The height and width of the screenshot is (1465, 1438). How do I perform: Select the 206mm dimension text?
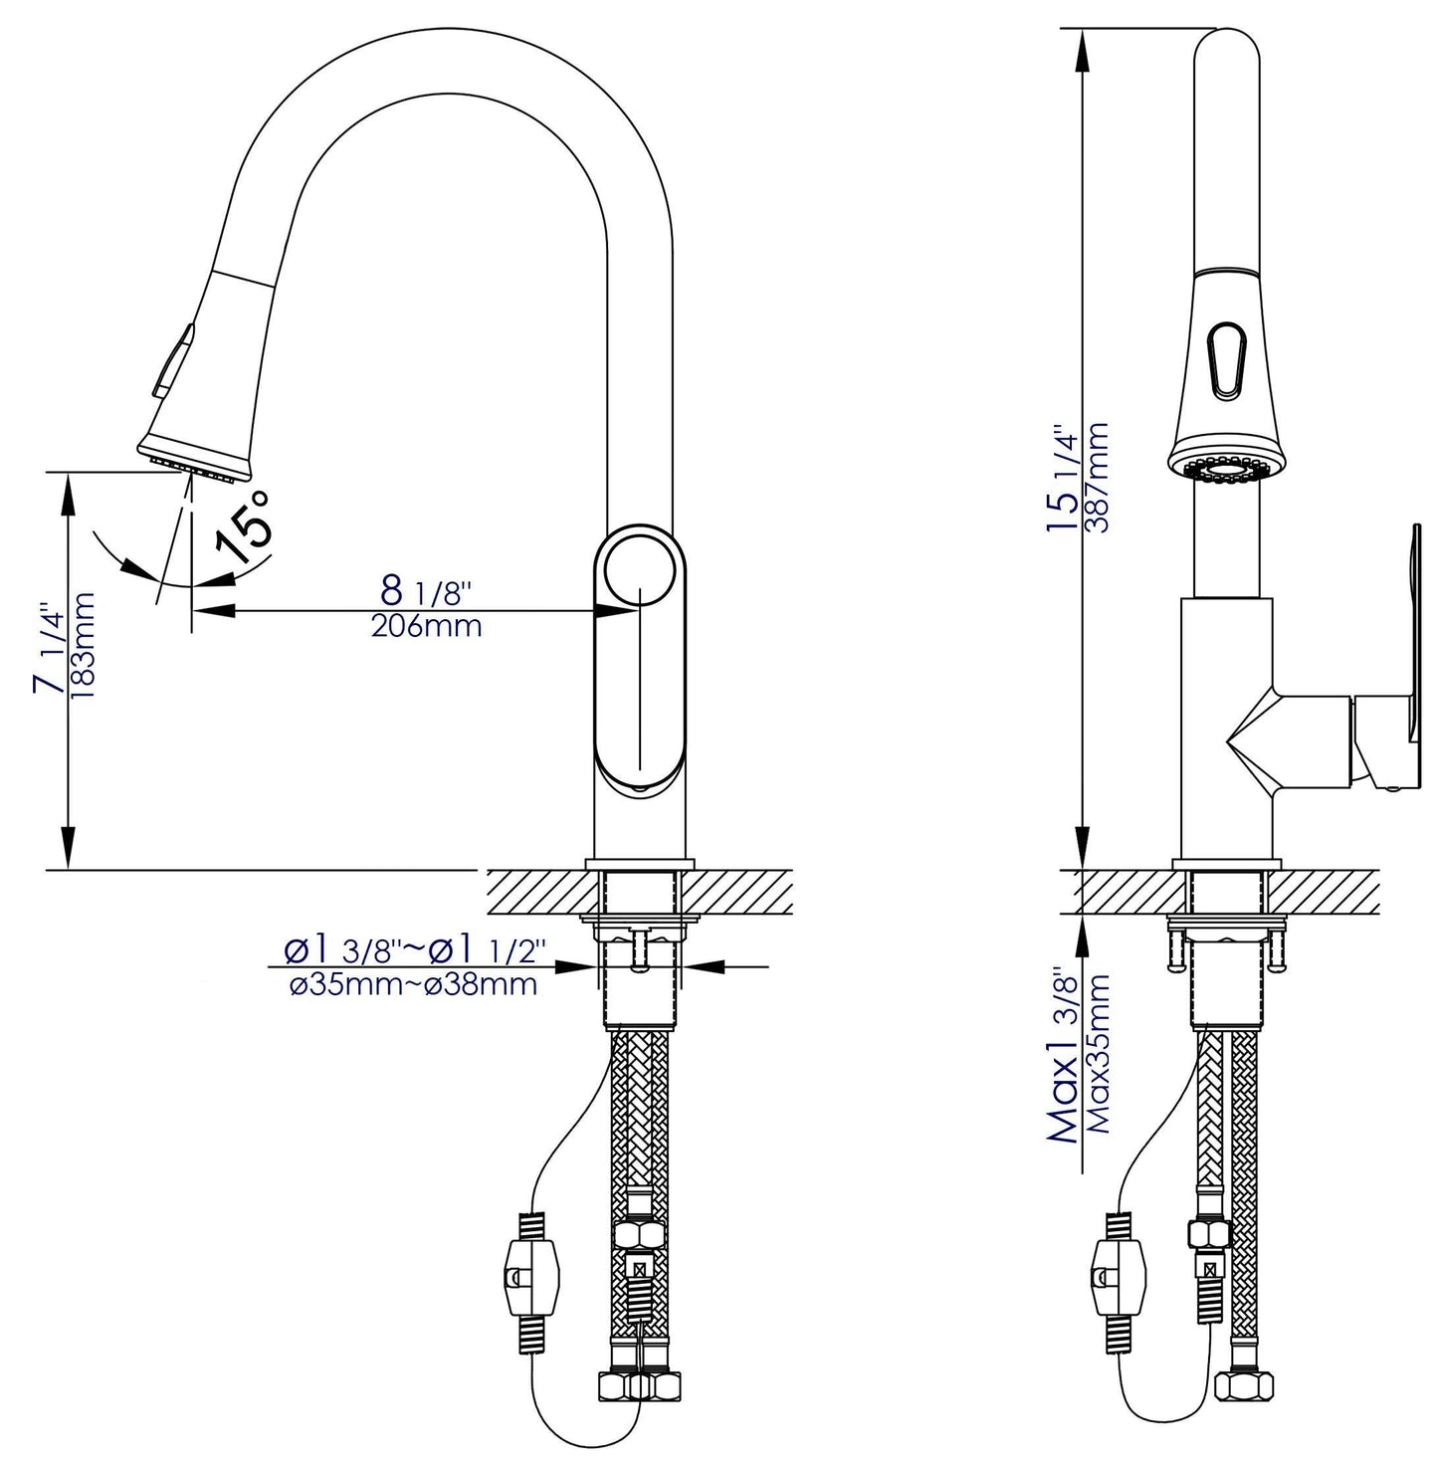click(426, 626)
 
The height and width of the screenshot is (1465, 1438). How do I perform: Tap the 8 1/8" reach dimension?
click(425, 591)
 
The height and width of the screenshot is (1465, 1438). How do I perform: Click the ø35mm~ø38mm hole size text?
click(413, 985)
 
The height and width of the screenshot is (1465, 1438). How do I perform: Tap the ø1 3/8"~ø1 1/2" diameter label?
click(411, 952)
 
